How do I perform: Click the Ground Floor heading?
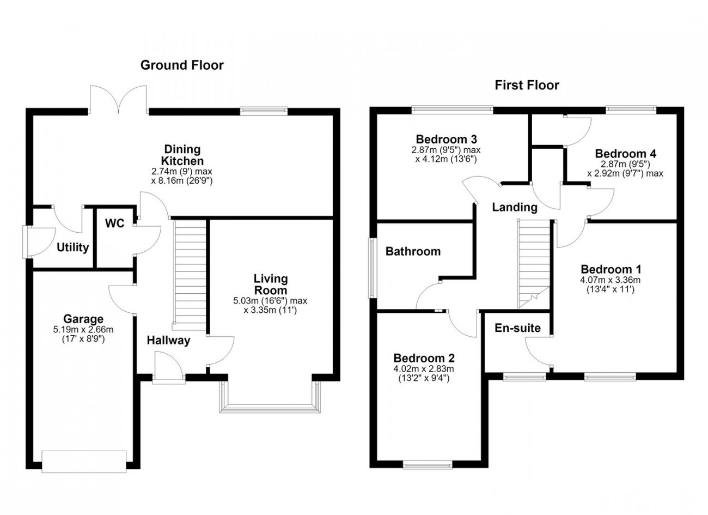[182, 65]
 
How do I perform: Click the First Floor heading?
[527, 85]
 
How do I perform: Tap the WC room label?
[115, 223]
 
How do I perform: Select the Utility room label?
[72, 247]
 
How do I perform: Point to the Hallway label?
[169, 341]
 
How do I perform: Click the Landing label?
[515, 207]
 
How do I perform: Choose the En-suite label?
[518, 328]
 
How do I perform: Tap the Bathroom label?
[413, 251]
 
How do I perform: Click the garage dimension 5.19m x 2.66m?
[83, 329]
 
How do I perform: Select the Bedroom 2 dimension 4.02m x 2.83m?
[424, 368]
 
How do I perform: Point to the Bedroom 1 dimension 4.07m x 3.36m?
[611, 280]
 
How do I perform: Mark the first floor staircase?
[534, 264]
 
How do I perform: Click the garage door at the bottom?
[84, 462]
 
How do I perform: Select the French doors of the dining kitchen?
[119, 99]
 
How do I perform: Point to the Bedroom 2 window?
[428, 464]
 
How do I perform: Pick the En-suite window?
[524, 377]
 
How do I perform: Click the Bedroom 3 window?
[452, 110]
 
